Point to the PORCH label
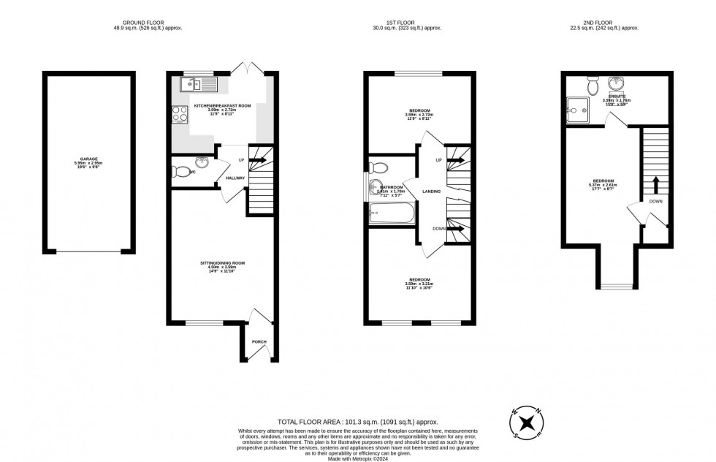(259, 341)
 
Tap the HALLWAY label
(235, 178)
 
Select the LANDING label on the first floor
(431, 192)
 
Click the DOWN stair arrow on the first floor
(456, 228)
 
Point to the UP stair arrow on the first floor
(456, 159)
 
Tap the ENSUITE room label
(616, 96)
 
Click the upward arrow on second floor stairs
(655, 182)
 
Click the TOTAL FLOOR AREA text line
(357, 422)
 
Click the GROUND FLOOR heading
(147, 23)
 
